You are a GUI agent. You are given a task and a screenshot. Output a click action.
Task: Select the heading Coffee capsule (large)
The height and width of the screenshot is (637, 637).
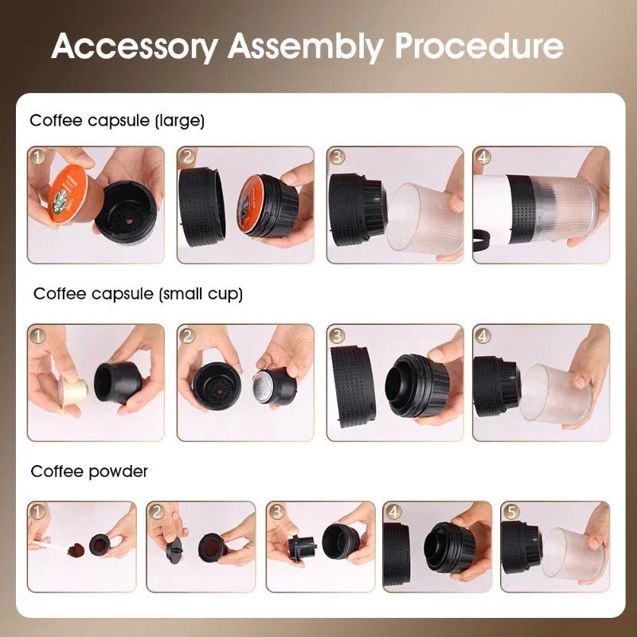[x=117, y=121]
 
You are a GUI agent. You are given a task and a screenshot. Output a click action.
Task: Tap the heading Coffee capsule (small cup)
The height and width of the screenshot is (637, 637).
[x=138, y=294]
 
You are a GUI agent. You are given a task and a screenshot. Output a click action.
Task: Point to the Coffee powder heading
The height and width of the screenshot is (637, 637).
[x=89, y=471]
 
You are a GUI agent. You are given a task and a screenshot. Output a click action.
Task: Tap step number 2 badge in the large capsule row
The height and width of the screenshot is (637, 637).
[x=187, y=157]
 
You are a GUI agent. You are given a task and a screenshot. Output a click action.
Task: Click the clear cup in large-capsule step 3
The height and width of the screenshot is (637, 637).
[x=427, y=218]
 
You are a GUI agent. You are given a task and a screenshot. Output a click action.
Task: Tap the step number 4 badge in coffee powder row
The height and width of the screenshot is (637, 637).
[x=393, y=511]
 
